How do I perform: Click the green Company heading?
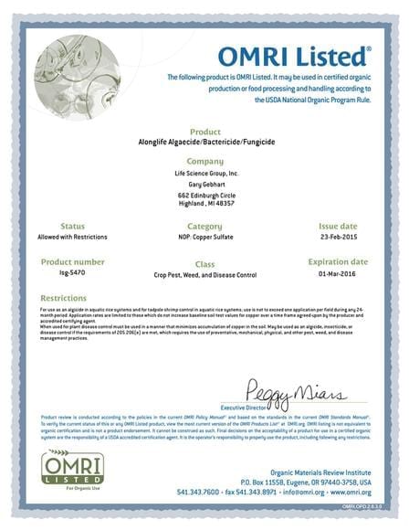204,161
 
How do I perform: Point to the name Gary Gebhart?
204,185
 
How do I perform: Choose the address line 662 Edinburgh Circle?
204,196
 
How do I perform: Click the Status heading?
73,225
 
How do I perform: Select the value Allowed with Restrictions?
73,237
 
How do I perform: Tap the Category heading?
204,225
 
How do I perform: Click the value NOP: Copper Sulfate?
204,237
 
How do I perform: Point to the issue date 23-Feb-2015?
338,237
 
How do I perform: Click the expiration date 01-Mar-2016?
338,273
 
